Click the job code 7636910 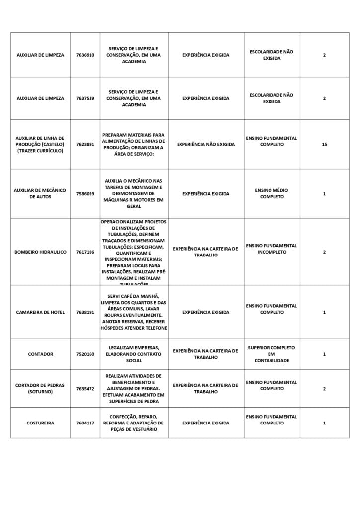pos(85,55)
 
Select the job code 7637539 pos(85,98)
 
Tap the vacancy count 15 pos(324,144)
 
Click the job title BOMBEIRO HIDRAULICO pos(40,252)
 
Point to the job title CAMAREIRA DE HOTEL pos(40,312)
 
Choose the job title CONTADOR pos(40,354)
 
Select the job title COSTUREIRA pos(40,423)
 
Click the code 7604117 pos(85,423)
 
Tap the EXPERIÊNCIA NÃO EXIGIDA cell pos(206,144)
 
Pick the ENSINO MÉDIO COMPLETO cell pos(271,193)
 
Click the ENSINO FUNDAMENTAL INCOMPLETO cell pos(271,249)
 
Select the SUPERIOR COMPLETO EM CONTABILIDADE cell pos(271,354)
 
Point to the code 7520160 pos(85,354)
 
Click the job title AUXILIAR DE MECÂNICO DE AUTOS pos(40,193)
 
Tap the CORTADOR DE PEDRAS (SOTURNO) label pos(40,388)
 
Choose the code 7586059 pos(85,194)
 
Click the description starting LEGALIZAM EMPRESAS pos(134,354)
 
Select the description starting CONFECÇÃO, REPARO pos(134,423)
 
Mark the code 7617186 pos(85,252)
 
